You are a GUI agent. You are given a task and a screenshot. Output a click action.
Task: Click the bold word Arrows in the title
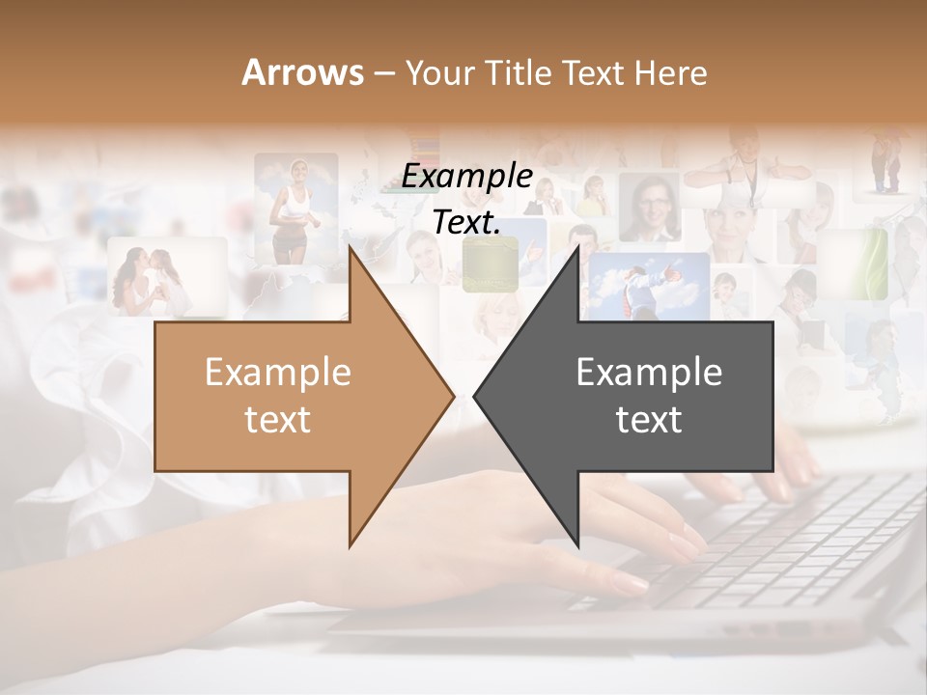(303, 72)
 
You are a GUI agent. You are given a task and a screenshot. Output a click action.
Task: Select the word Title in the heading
(518, 72)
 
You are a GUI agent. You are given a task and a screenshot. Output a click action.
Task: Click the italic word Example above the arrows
(467, 177)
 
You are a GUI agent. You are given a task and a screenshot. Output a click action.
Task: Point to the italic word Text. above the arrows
(467, 222)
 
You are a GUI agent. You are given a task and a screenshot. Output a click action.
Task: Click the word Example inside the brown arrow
(278, 373)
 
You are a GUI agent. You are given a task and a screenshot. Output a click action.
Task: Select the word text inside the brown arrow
(278, 420)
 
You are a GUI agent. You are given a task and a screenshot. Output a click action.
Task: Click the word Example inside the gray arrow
(649, 373)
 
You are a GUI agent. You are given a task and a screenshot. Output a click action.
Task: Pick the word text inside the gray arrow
(649, 420)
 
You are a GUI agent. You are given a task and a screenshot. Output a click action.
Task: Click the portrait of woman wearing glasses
(649, 208)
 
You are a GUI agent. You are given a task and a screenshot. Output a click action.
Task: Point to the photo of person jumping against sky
(652, 284)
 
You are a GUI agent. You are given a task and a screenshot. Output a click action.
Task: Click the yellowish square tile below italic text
(490, 265)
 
